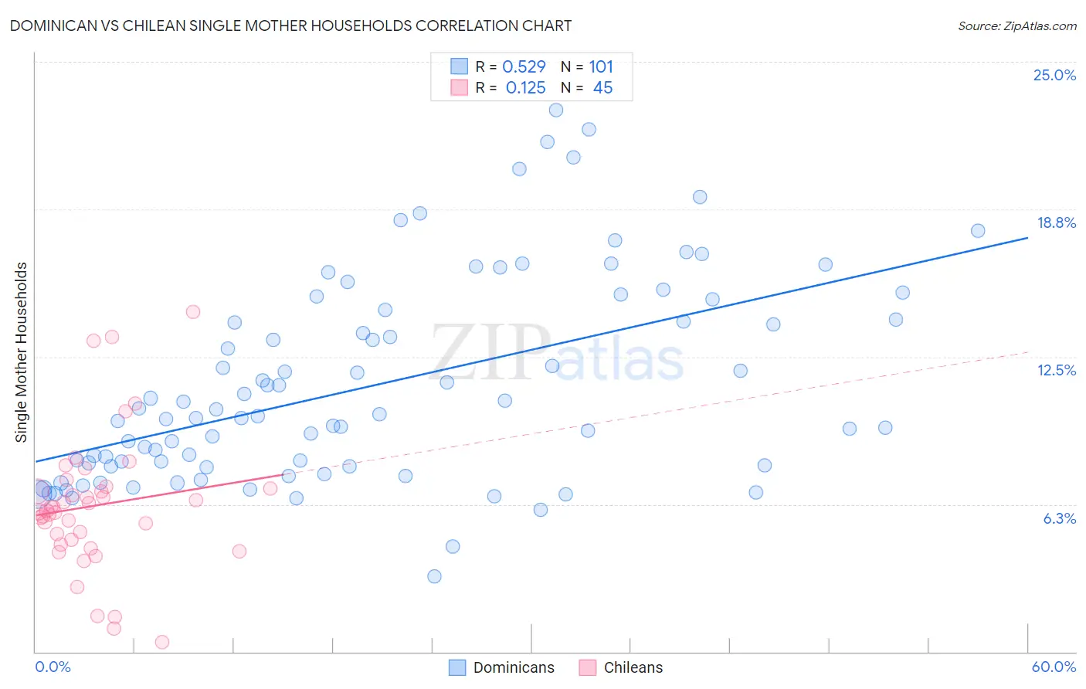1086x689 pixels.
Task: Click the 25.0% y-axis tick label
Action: coord(1054,75)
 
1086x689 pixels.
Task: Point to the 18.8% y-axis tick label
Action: coord(1056,222)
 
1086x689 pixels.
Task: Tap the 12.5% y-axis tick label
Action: coord(1056,370)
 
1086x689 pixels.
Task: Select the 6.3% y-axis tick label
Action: coord(1059,518)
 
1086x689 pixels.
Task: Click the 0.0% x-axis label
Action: coord(53,667)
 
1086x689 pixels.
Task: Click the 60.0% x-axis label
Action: coord(1054,667)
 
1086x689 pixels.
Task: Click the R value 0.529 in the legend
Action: coord(524,67)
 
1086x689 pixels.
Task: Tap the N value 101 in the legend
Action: coord(601,67)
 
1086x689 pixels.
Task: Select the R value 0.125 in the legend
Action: coord(525,88)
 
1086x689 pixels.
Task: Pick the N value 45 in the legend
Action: coord(602,88)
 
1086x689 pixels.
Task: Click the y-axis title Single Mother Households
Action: coord(22,352)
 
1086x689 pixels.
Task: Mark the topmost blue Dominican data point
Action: coord(556,110)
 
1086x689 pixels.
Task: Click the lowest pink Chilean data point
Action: coord(162,642)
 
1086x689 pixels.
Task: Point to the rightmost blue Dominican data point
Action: coord(978,231)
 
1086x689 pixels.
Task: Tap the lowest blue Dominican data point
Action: coord(434,576)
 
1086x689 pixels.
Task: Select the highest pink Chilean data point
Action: coord(193,312)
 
